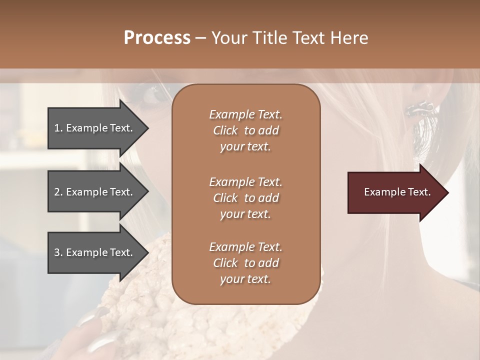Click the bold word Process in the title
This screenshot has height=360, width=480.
click(x=157, y=38)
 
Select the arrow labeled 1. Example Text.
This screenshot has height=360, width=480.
click(x=95, y=128)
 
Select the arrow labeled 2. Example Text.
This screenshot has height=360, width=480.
click(x=95, y=192)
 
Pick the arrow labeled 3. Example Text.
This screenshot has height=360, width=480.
click(x=95, y=252)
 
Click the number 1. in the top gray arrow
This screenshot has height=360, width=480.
click(x=58, y=128)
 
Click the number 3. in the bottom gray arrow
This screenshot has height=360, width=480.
click(x=58, y=252)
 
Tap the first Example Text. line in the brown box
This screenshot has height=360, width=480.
click(x=245, y=114)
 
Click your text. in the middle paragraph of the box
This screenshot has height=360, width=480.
click(x=245, y=214)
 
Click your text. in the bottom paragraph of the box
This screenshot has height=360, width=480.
click(x=245, y=279)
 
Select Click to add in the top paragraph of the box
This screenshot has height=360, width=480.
click(x=245, y=130)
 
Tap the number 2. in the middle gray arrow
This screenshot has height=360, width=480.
click(x=58, y=192)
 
